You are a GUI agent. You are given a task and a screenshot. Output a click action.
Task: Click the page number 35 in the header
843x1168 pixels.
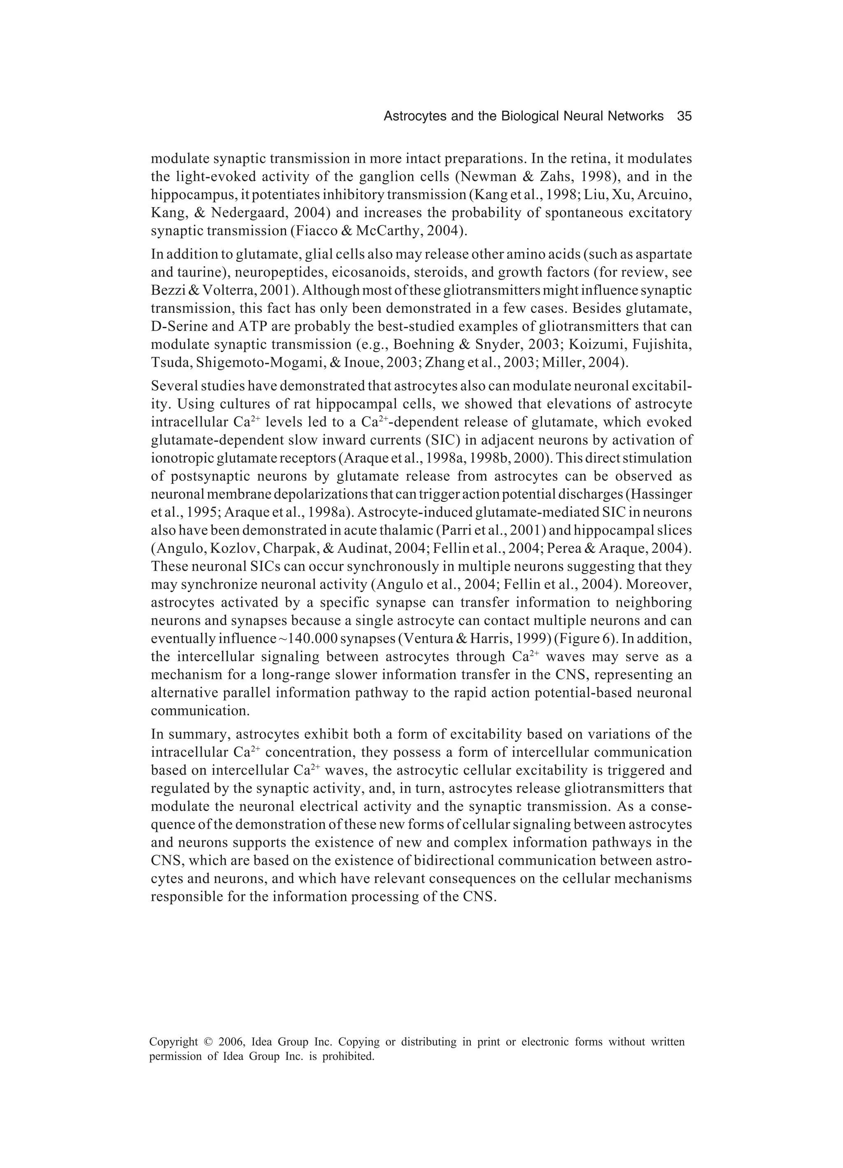tap(684, 117)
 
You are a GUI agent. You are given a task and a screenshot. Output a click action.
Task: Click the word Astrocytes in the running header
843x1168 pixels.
tap(415, 117)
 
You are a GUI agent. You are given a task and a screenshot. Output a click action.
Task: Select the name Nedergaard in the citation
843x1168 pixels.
tap(250, 213)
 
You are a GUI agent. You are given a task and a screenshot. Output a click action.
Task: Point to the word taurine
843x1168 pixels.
tap(195, 273)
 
